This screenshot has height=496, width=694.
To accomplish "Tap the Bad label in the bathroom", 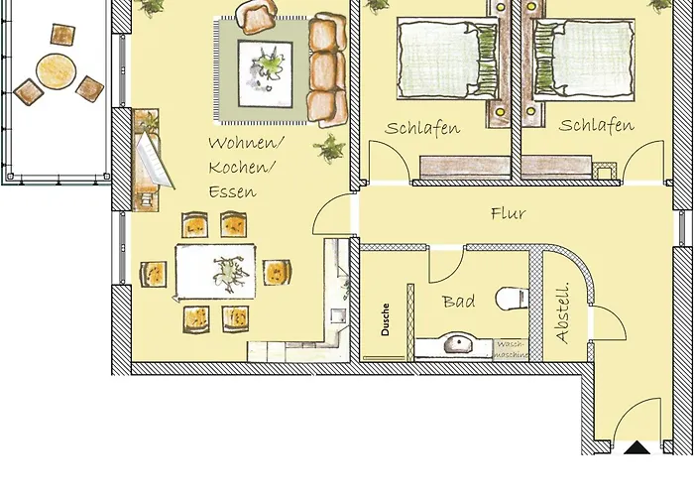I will click(x=458, y=301).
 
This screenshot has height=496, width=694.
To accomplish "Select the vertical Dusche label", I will click(x=385, y=319).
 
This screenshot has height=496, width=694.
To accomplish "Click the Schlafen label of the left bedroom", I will click(x=423, y=128).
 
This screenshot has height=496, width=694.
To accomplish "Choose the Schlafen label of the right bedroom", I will click(x=596, y=126).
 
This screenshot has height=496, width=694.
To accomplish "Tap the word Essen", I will click(x=231, y=191).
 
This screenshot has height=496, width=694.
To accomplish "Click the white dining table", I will click(x=217, y=271).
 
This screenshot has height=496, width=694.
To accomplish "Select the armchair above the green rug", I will click(x=257, y=17).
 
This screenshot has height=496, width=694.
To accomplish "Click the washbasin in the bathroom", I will click(x=457, y=345).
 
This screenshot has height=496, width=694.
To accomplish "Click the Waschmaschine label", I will click(x=512, y=348).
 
